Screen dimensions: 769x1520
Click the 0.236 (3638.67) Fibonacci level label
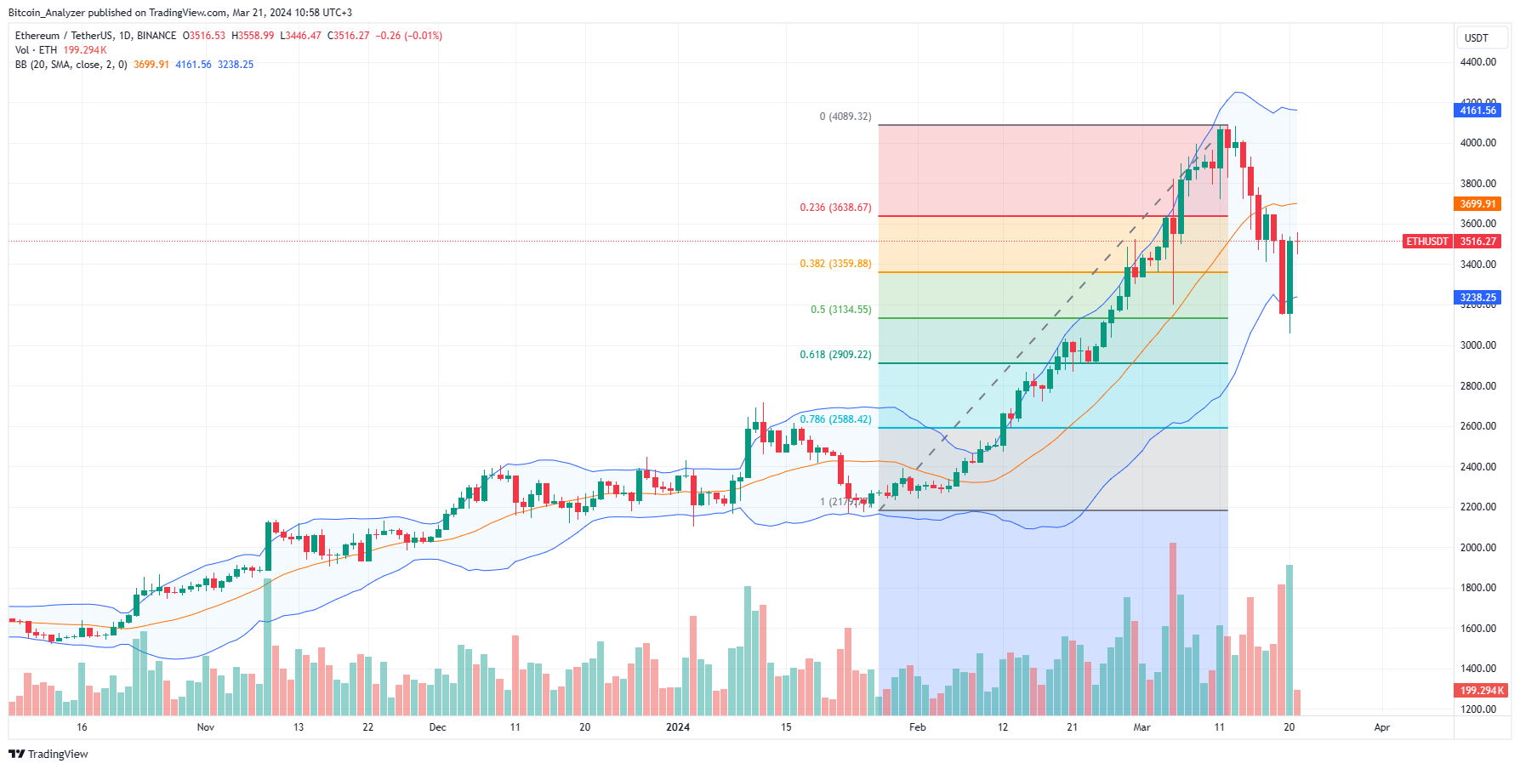(x=835, y=208)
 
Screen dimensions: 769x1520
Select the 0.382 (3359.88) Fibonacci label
(x=835, y=264)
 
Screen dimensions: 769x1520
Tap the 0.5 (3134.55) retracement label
(x=840, y=310)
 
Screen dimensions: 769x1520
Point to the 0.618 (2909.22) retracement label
(x=835, y=355)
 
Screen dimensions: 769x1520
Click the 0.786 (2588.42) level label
(x=835, y=419)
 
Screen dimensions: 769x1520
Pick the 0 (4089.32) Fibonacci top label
(x=845, y=117)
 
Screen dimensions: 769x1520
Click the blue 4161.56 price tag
(x=1477, y=111)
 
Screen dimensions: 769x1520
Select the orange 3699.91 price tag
(x=1477, y=204)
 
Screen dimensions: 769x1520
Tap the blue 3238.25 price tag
(x=1477, y=298)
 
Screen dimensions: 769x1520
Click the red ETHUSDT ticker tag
(x=1426, y=242)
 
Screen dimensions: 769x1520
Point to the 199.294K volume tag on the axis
(x=1480, y=691)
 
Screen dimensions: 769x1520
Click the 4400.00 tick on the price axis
(x=1477, y=62)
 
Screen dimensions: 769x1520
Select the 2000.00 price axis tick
(x=1477, y=548)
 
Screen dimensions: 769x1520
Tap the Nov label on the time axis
(x=205, y=727)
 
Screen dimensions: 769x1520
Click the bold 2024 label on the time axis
(x=678, y=727)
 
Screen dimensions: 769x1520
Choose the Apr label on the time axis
(x=1382, y=727)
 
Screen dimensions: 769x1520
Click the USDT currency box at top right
(x=1477, y=38)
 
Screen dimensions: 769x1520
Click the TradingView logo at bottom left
(x=48, y=755)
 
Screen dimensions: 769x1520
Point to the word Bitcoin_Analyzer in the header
(x=47, y=13)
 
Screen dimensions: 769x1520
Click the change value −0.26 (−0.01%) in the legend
(x=409, y=36)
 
